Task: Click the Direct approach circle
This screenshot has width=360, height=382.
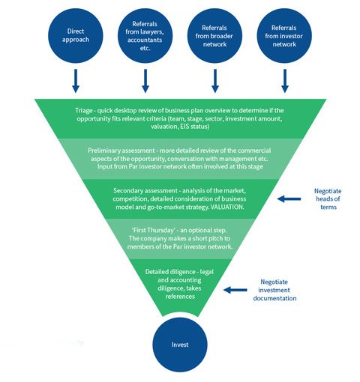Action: point(76,35)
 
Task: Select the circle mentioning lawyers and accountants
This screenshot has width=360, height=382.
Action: point(145,35)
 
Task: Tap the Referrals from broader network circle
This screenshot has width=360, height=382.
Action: point(214,35)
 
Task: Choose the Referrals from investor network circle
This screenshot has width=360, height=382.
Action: point(284,35)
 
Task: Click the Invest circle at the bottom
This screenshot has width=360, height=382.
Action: point(180,345)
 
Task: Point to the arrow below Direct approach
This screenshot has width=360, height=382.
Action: point(76,81)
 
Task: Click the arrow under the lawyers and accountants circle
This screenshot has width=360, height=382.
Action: point(145,81)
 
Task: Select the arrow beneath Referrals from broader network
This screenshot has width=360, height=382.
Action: point(215,81)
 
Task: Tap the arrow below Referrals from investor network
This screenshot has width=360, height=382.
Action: point(285,81)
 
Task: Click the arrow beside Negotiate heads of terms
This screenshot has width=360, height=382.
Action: point(289,199)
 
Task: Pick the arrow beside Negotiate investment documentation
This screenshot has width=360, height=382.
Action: point(235,290)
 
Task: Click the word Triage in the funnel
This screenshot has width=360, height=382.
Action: point(84,111)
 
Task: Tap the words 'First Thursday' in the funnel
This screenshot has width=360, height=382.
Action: point(153,230)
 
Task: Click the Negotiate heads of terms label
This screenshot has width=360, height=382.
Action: point(328,199)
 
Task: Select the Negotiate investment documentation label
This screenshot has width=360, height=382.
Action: point(274,290)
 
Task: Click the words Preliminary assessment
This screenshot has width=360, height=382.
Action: point(121,151)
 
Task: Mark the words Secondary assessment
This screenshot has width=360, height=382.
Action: point(145,191)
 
